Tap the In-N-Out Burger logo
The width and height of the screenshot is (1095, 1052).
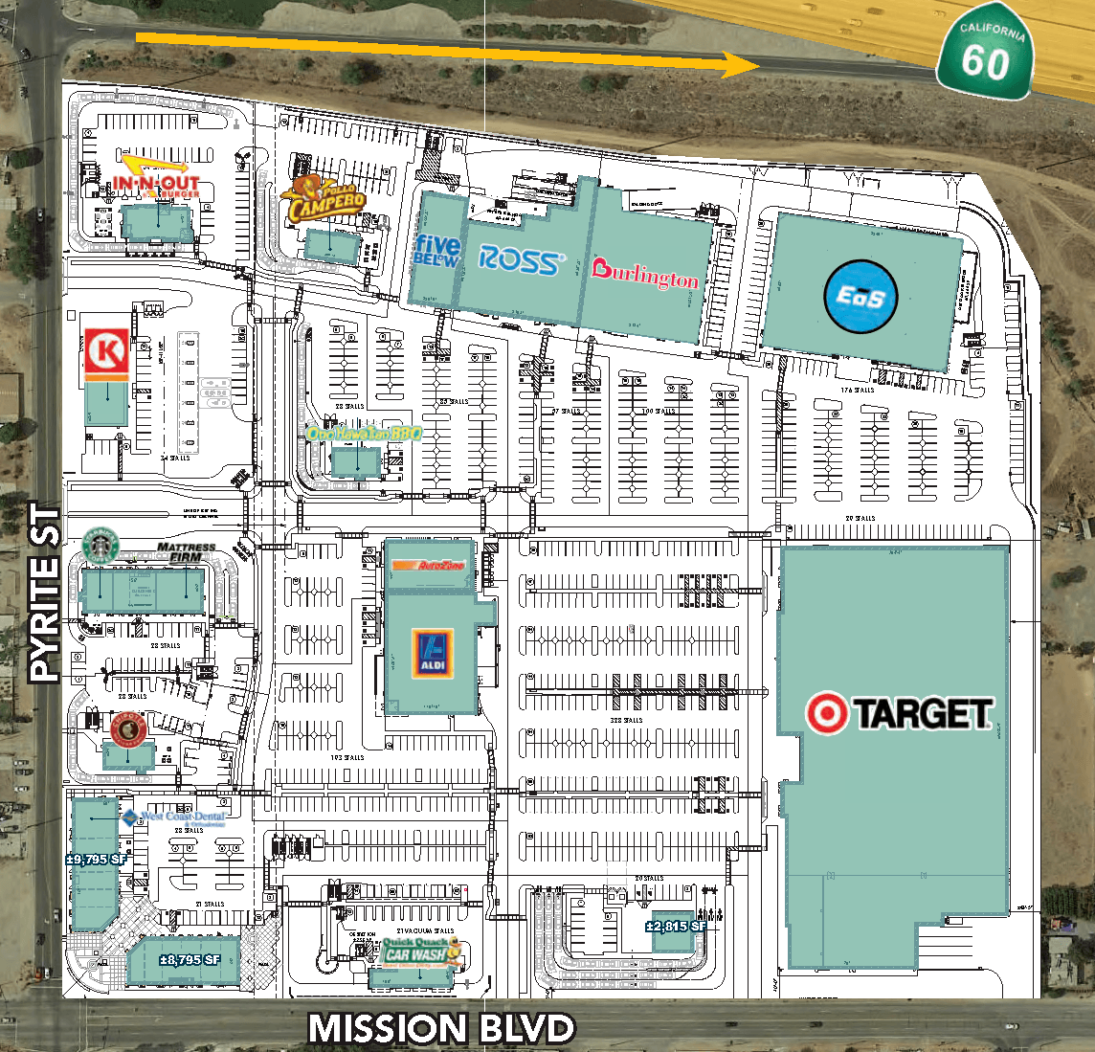[157, 183]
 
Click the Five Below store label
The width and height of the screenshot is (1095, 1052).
[436, 251]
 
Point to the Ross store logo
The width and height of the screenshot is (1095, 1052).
[522, 259]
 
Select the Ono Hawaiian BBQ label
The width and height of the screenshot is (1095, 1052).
[364, 434]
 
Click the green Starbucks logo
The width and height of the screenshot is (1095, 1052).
[99, 545]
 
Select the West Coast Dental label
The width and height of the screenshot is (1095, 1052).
[175, 817]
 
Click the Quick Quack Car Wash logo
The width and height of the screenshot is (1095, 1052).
[416, 951]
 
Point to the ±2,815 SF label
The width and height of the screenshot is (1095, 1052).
[676, 926]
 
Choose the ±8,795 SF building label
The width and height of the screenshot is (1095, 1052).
[190, 959]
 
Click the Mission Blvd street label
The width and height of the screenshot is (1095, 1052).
[440, 1029]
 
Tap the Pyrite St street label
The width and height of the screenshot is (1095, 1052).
[45, 593]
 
